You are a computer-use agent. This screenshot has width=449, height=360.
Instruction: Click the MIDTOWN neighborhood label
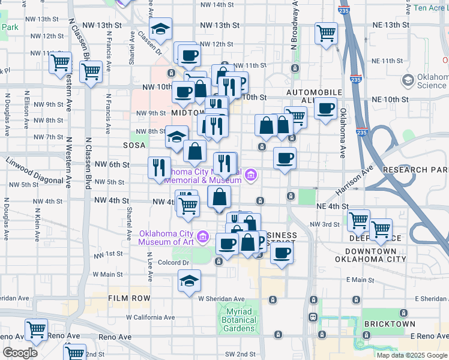pyautogui.click(x=188, y=113)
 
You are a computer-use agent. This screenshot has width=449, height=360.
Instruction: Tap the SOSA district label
pyautogui.click(x=134, y=145)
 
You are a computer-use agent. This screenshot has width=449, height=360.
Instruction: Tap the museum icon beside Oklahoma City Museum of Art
pyautogui.click(x=203, y=238)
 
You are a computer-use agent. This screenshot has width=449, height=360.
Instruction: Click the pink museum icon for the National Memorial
pyautogui.click(x=251, y=175)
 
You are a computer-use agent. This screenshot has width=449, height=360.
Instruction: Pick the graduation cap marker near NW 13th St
pyautogui.click(x=160, y=28)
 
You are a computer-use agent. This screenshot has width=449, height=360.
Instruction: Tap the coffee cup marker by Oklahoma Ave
pyautogui.click(x=325, y=109)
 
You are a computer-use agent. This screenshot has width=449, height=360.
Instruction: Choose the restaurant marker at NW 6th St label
pyautogui.click(x=159, y=166)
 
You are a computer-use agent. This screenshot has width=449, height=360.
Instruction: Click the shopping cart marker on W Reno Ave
pyautogui.click(x=36, y=329)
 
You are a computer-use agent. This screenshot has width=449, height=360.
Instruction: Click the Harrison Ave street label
pyautogui.click(x=354, y=180)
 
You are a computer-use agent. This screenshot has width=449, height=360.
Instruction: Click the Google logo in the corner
pyautogui.click(x=20, y=353)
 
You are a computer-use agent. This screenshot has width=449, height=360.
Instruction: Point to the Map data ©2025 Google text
pyautogui.click(x=411, y=355)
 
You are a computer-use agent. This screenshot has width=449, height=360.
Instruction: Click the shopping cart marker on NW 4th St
pyautogui.click(x=188, y=206)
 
